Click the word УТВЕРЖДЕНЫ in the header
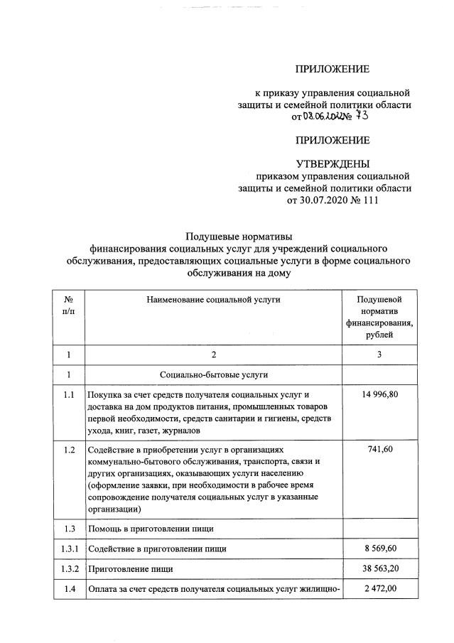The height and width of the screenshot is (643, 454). tap(333, 163)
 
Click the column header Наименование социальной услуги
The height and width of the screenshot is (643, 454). tap(213, 299)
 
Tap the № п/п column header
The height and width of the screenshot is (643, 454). tap(68, 306)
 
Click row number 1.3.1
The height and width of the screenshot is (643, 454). tap(68, 549)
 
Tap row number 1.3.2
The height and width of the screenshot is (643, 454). tap(68, 570)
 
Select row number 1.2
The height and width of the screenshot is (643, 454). tap(68, 451)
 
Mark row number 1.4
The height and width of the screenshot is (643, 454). tap(68, 590)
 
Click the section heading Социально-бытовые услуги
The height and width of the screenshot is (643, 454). tap(213, 374)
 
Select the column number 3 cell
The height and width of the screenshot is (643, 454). tap(379, 354)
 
